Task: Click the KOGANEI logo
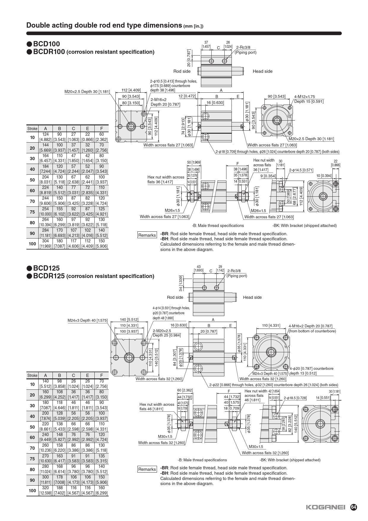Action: click(x=326, y=507)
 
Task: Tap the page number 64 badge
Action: click(x=353, y=507)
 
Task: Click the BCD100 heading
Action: click(x=46, y=44)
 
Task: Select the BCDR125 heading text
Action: click(x=49, y=276)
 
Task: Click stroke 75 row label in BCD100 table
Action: click(x=32, y=212)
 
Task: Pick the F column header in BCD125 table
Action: click(x=101, y=375)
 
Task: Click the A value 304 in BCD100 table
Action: click(x=45, y=241)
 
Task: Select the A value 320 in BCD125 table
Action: click(x=45, y=487)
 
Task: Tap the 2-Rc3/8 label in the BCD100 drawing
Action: click(x=243, y=47)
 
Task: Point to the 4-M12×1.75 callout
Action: click(x=304, y=97)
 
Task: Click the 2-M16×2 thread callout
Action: click(x=158, y=100)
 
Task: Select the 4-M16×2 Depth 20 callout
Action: click(x=310, y=326)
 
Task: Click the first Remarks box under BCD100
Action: click(x=147, y=235)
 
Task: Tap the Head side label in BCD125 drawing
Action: click(x=252, y=297)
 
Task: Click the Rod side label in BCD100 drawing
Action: click(x=182, y=71)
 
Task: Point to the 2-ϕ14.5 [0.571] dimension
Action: click(x=301, y=170)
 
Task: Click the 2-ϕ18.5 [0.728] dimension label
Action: click(x=295, y=398)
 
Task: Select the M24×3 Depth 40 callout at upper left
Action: click(x=88, y=320)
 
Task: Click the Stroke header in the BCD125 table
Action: click(x=32, y=375)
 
